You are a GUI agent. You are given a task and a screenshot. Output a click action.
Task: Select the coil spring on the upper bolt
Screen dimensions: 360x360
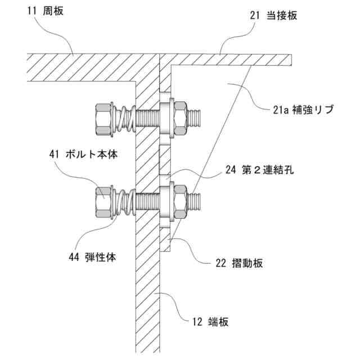[127, 119]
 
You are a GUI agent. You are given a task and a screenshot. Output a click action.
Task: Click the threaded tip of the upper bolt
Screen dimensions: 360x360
[197, 119]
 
